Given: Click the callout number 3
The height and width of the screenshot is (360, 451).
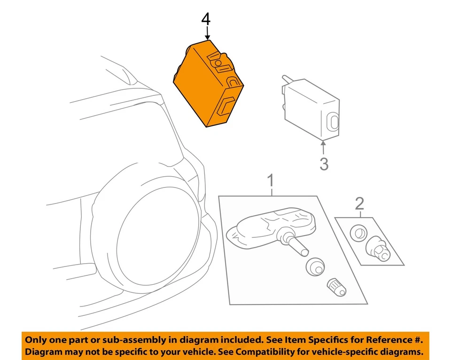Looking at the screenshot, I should pyautogui.click(x=324, y=164).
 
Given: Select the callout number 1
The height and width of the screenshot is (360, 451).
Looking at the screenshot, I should pyautogui.click(x=271, y=180).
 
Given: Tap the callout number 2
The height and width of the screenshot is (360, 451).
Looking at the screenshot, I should pyautogui.click(x=359, y=203).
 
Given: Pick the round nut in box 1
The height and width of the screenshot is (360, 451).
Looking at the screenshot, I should pyautogui.click(x=314, y=267).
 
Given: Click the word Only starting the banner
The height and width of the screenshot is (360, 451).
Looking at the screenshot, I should pyautogui.click(x=35, y=339).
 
